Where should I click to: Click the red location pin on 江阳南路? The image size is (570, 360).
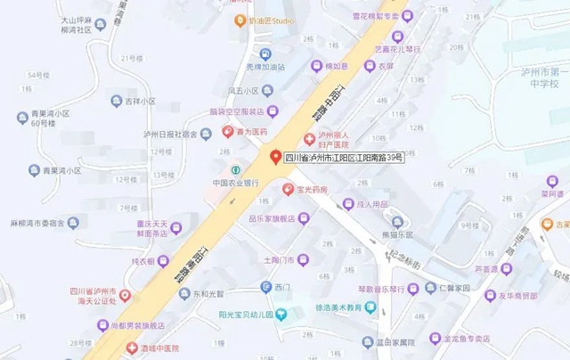pyautogui.click(x=275, y=156)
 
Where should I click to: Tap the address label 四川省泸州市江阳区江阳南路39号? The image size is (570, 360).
pyautogui.click(x=344, y=157)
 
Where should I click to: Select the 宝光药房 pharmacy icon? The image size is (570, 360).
pyautogui.click(x=288, y=189)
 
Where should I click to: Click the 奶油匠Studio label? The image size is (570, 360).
pyautogui.click(x=271, y=20)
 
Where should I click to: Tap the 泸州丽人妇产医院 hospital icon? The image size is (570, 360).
pyautogui.click(x=309, y=139)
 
